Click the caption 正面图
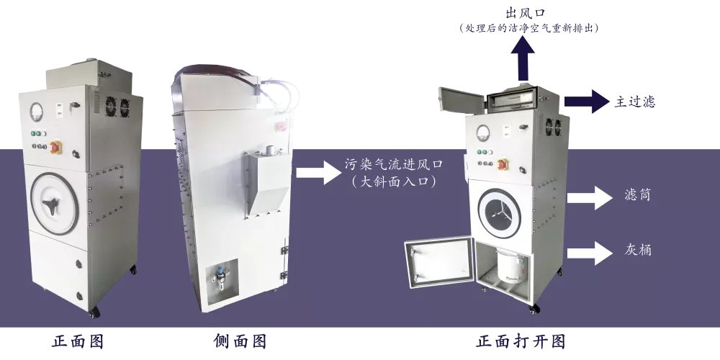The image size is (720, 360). [78, 341]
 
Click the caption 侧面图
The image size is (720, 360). [240, 341]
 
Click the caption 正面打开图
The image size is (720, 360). [521, 341]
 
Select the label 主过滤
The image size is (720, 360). [635, 102]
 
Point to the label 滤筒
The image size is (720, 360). [638, 194]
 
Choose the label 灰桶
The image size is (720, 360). [638, 250]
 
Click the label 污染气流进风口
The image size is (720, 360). [394, 164]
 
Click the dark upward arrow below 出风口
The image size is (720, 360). [523, 59]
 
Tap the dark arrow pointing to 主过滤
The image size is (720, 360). [587, 101]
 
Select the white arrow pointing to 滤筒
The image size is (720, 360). [590, 198]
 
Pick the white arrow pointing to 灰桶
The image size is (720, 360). [590, 253]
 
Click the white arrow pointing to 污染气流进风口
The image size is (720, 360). [319, 173]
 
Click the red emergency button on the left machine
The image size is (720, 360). [56, 147]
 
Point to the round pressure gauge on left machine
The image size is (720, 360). [36, 112]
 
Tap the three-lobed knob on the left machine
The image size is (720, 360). [51, 207]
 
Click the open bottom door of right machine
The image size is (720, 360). [439, 262]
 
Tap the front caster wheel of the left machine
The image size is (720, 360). [94, 313]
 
